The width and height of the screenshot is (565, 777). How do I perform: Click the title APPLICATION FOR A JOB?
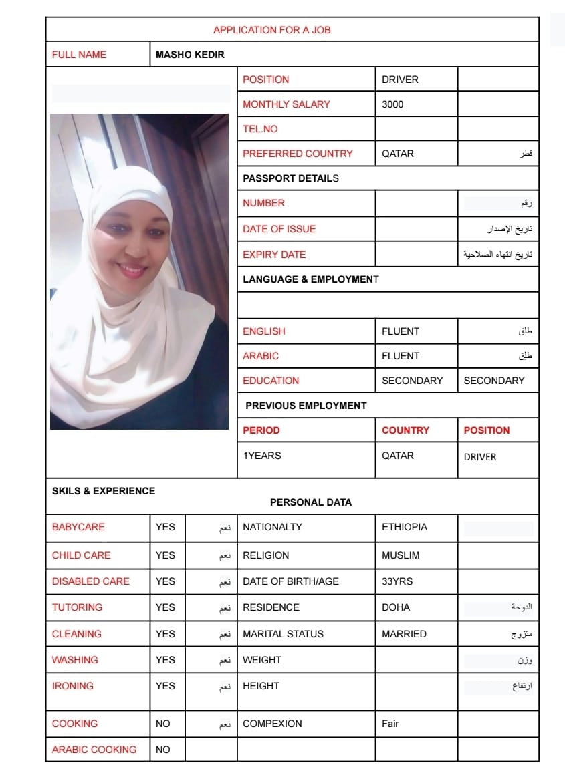click(x=271, y=30)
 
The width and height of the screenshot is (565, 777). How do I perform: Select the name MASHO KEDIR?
click(x=190, y=55)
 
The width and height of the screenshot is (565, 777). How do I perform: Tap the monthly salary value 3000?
click(x=392, y=104)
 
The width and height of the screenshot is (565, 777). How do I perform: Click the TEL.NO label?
click(x=260, y=129)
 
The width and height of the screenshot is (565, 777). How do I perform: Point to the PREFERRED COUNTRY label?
click(x=298, y=154)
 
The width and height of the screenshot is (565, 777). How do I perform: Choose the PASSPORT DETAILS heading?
click(x=291, y=178)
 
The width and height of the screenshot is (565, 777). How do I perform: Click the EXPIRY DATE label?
click(x=274, y=255)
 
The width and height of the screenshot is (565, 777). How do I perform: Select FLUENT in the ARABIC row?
click(x=401, y=356)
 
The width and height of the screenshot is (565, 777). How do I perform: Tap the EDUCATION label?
click(x=271, y=381)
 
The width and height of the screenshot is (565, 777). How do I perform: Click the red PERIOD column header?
click(x=261, y=430)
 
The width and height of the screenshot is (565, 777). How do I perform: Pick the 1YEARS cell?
click(x=262, y=456)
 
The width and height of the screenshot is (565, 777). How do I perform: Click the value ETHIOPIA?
click(x=405, y=527)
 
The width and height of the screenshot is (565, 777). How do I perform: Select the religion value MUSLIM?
click(x=401, y=555)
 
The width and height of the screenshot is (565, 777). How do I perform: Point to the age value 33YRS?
click(x=397, y=581)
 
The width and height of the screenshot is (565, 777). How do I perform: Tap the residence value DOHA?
click(x=396, y=607)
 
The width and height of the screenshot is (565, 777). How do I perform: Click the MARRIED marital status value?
click(x=404, y=634)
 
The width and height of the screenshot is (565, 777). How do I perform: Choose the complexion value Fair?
click(x=390, y=724)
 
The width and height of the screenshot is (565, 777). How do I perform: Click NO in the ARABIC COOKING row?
click(x=163, y=750)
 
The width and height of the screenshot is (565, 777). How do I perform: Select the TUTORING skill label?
click(x=78, y=607)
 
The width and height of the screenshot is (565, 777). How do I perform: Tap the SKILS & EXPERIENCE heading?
click(x=104, y=491)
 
